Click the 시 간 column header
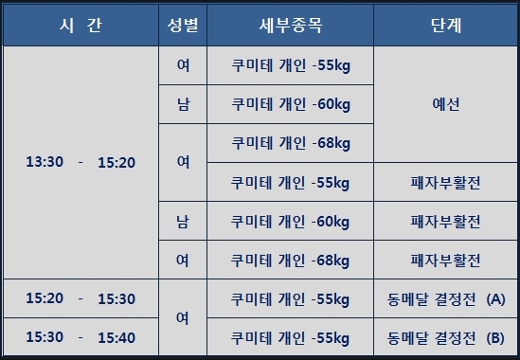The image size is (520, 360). [x=81, y=26]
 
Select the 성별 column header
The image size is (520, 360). [x=183, y=26]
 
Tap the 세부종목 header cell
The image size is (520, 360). [x=291, y=26]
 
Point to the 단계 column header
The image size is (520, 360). [x=446, y=26]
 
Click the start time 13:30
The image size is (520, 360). [x=45, y=162]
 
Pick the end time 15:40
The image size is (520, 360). [x=117, y=338]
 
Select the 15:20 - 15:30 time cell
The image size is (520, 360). [x=81, y=298]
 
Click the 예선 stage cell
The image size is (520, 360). [x=446, y=104]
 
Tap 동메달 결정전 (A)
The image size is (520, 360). [x=446, y=299]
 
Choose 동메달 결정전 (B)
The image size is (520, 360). [x=446, y=338]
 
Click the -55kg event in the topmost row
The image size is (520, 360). [x=291, y=65]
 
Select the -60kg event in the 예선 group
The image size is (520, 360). [x=291, y=104]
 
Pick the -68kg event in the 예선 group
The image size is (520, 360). [x=291, y=143]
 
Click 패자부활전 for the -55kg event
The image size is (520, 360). [x=445, y=183]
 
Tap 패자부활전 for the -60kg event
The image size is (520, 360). [x=445, y=222]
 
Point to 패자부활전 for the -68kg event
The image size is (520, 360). [x=445, y=261]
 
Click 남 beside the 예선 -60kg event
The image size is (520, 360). [x=183, y=104]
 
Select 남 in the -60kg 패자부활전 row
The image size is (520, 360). [x=183, y=222]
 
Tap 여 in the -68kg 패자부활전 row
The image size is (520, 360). [x=183, y=261]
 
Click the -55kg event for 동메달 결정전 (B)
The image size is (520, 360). [x=290, y=338]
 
